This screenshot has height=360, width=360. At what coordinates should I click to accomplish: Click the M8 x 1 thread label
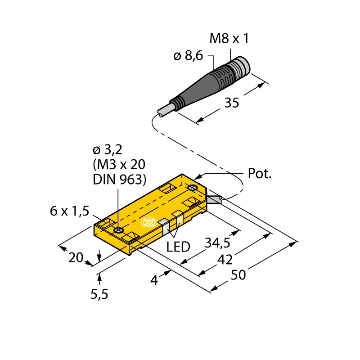coord(229,38)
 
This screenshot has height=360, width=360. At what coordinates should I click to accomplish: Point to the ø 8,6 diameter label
coord(188,56)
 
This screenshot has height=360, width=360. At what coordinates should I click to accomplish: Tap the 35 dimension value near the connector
coord(232,103)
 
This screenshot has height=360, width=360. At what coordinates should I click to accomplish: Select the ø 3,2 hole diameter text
coord(108,150)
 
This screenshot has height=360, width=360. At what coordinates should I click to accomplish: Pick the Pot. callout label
coord(260,173)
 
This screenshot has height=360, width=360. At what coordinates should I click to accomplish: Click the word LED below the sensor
coord(178,247)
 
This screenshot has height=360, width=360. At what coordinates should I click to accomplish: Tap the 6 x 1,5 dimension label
coord(69,211)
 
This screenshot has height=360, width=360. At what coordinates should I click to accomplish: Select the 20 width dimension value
coord(76,257)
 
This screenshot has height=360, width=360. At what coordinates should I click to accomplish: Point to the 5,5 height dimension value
coord(99,294)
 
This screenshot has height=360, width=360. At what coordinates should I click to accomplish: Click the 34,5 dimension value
coord(217,243)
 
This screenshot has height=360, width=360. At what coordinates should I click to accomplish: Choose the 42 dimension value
coord(225,260)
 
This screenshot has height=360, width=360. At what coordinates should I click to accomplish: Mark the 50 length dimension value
coord(238,275)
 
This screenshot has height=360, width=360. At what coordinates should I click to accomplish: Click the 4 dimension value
coord(154,280)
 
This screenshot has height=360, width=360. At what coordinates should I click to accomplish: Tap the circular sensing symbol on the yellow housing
coord(149,222)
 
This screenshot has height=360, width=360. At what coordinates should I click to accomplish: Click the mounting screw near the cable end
coord(193,188)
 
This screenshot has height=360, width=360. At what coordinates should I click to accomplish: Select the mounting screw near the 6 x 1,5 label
coord(118,230)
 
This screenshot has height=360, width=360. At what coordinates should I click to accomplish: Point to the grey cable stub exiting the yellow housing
coord(215,199)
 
